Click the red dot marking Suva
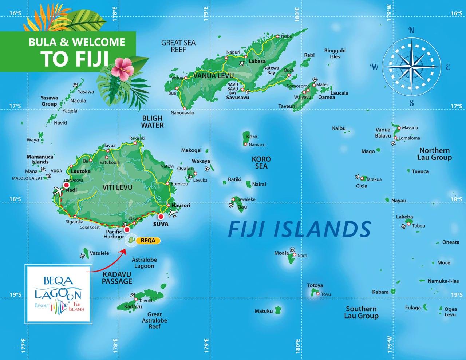pyautogui.click(x=161, y=217)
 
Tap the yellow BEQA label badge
pyautogui.click(x=148, y=241)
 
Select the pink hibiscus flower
pyautogui.click(x=122, y=67)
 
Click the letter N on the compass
pyautogui.click(x=411, y=30)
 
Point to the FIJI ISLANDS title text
pyautogui.click(x=299, y=229)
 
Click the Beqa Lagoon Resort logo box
pyautogui.click(x=58, y=294)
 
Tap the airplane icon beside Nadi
pyautogui.click(x=58, y=190)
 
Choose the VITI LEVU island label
pyautogui.click(x=117, y=187)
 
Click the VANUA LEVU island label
pyautogui.click(x=213, y=76)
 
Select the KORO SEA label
pyautogui.click(x=261, y=162)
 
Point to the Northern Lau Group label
pyautogui.click(x=434, y=154)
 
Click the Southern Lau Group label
pyautogui.click(x=361, y=312)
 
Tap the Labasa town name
pyautogui.click(x=257, y=61)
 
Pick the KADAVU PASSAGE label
pyautogui.click(x=117, y=278)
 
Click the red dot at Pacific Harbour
pyautogui.click(x=127, y=230)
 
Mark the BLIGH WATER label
pyautogui.click(x=153, y=122)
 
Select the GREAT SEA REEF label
pyautogui.click(x=178, y=46)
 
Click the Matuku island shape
pyautogui.click(x=278, y=310)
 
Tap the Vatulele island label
pyautogui.click(x=99, y=253)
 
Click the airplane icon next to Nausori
pyautogui.click(x=173, y=213)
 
